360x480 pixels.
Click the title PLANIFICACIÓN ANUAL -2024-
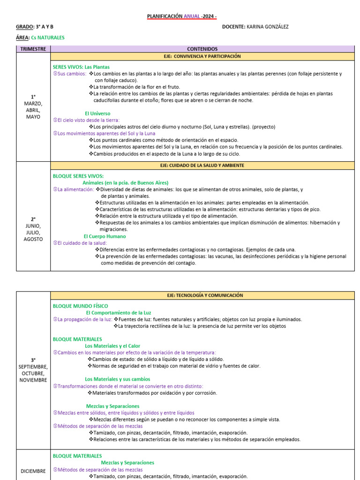[182, 16]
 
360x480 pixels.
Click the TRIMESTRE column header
[33, 49]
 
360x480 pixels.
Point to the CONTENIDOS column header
[202, 49]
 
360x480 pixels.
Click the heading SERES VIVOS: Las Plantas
[81, 67]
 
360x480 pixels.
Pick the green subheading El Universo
[97, 113]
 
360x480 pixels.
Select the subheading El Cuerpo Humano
[104, 236]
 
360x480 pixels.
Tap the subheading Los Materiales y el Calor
[112, 346]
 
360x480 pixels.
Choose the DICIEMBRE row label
[33, 471]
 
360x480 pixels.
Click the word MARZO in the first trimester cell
[33, 103]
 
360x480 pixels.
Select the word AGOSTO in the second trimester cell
[33, 239]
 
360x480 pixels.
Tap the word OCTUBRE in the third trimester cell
[33, 373]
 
